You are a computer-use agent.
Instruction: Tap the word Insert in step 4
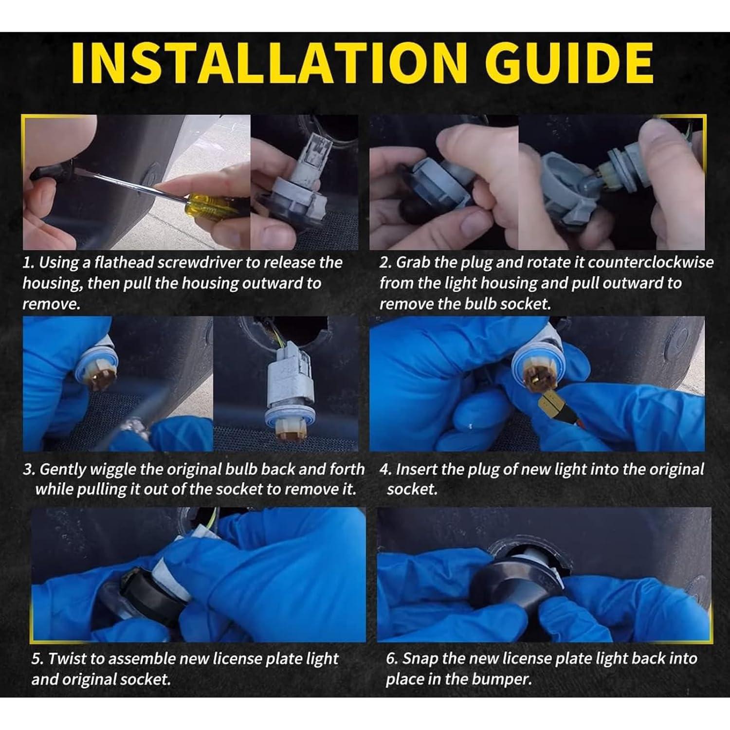(x=415, y=469)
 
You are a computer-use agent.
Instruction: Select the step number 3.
(x=29, y=470)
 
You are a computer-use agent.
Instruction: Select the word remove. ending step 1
(x=51, y=305)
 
